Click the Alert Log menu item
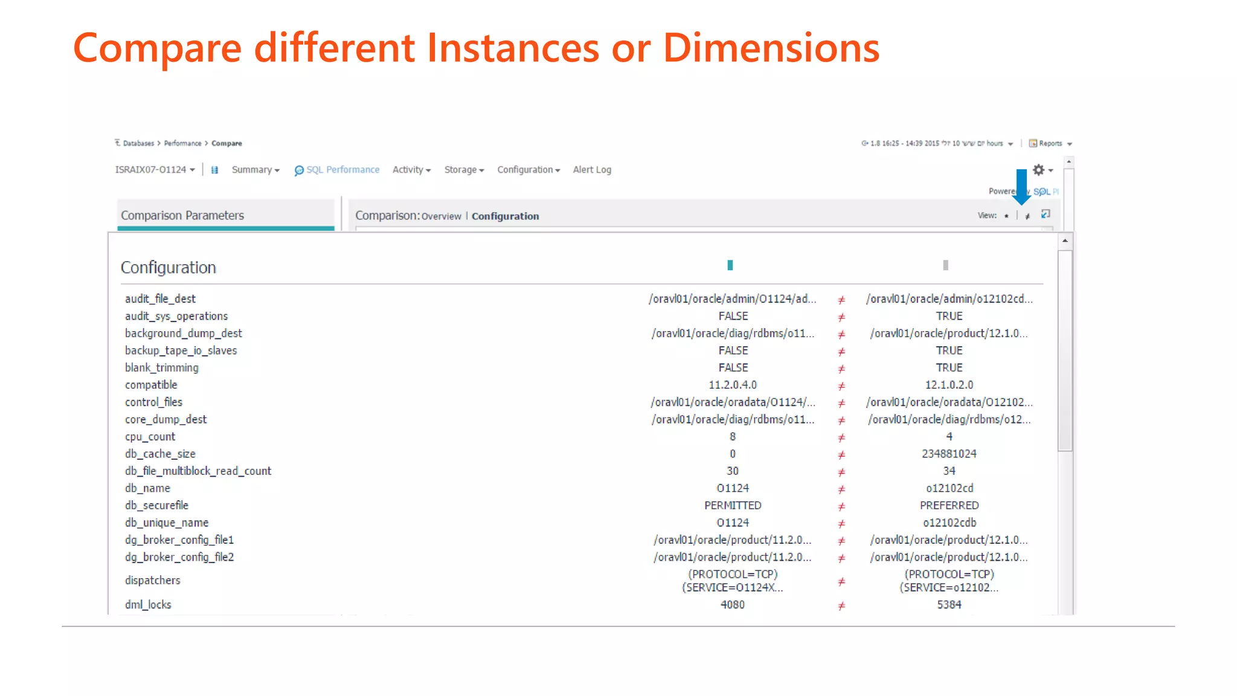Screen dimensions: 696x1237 (x=592, y=170)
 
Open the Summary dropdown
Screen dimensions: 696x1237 (x=255, y=170)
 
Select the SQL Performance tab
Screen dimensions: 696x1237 (x=337, y=170)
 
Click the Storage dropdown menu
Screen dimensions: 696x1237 (x=464, y=170)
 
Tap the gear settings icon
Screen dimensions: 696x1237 (x=1039, y=170)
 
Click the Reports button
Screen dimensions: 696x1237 (x=1050, y=143)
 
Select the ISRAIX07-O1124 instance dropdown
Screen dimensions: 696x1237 (x=155, y=170)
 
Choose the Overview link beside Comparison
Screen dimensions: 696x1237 (x=441, y=216)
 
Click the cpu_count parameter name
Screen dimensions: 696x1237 (x=150, y=437)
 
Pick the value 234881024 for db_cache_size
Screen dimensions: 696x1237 (x=949, y=454)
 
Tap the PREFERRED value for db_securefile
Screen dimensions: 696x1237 (x=949, y=506)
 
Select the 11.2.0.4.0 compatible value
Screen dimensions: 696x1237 (x=732, y=385)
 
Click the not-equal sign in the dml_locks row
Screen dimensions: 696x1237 (x=841, y=605)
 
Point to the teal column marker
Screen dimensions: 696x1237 (x=730, y=265)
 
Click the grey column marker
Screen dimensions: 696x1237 (x=946, y=265)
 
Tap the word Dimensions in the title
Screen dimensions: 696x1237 (x=771, y=48)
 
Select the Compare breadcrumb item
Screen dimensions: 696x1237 (x=227, y=143)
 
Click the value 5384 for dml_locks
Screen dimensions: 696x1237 (x=949, y=605)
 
